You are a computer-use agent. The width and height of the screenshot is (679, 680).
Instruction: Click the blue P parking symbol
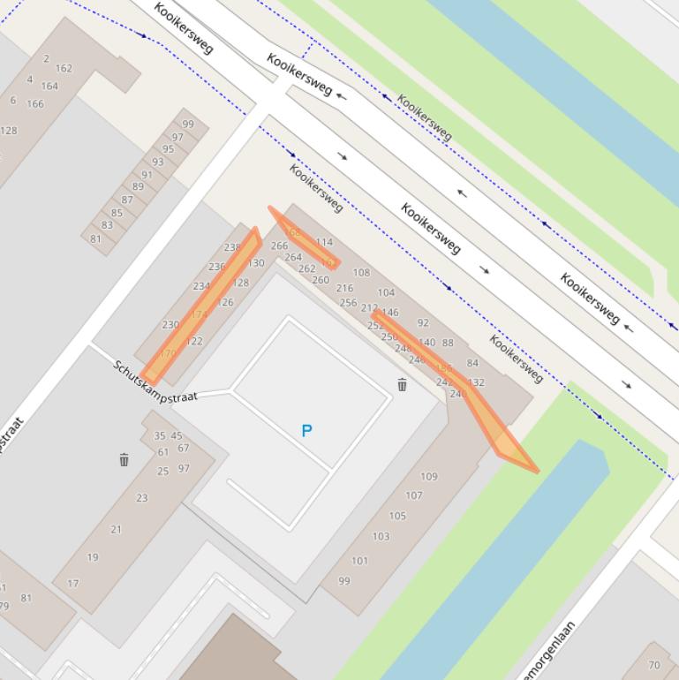(x=306, y=431)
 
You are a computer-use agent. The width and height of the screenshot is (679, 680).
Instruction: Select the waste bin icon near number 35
(x=124, y=459)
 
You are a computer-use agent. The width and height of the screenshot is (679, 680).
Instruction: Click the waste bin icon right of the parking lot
(x=402, y=384)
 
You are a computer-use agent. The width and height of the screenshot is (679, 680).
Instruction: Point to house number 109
(x=428, y=477)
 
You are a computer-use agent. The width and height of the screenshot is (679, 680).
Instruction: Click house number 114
(x=324, y=242)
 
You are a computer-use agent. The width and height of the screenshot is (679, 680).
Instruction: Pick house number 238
(x=232, y=248)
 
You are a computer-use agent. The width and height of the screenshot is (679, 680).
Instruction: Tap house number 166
(x=35, y=104)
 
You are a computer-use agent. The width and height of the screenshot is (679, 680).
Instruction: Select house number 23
(x=141, y=498)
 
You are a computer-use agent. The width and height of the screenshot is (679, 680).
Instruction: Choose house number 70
(x=654, y=665)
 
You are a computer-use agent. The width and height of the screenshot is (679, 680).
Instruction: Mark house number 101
(x=359, y=561)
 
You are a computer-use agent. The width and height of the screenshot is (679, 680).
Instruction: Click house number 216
(x=344, y=288)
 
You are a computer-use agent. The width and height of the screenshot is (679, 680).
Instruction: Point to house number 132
(x=477, y=382)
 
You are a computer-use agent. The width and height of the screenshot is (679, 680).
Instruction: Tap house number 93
(x=157, y=162)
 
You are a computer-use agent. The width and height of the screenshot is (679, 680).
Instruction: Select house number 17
(x=73, y=583)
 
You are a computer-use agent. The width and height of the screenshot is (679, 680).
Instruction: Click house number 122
(x=194, y=341)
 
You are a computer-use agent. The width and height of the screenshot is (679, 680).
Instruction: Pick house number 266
(x=279, y=246)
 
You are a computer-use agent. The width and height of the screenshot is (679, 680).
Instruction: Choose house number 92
(x=423, y=323)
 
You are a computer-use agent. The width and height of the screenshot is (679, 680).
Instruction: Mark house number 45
(x=177, y=435)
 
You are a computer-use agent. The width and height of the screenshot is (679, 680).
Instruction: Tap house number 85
(x=117, y=213)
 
